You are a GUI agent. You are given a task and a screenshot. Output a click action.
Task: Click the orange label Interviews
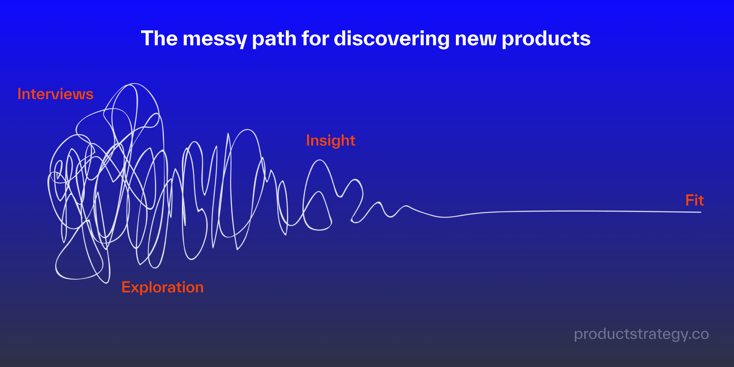[x=55, y=94]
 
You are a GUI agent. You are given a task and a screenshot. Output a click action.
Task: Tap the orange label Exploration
[x=162, y=287]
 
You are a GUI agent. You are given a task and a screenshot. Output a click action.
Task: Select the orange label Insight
[x=331, y=141]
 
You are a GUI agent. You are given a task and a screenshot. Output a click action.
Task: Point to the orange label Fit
[x=694, y=200]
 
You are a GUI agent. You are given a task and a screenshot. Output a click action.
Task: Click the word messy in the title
[x=215, y=39]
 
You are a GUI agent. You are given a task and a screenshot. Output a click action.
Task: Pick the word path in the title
[x=274, y=39]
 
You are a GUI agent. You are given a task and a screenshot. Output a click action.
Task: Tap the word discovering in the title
[x=391, y=39]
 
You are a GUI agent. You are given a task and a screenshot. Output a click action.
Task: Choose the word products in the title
[x=546, y=39]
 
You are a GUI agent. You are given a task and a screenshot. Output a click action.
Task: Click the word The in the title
[x=159, y=39]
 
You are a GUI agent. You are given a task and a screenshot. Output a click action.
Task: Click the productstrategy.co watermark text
[x=641, y=334]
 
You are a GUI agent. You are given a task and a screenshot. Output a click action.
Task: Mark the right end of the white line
[x=701, y=212]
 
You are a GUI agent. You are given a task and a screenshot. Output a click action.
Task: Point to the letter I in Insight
[x=308, y=140]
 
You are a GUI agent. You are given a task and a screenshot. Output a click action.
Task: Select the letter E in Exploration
[x=126, y=287]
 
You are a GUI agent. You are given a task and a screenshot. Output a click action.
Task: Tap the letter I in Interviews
[x=19, y=94]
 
